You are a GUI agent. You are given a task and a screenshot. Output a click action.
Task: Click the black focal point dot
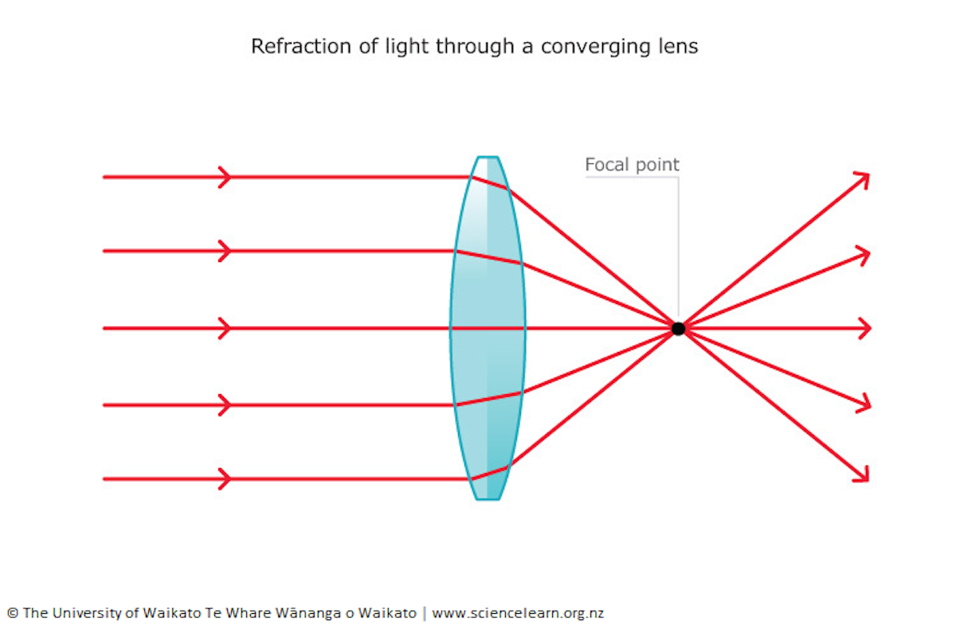coord(678,328)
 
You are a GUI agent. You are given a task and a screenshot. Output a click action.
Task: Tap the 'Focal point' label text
coord(632,165)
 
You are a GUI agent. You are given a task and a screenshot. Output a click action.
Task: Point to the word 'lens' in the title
coord(677,46)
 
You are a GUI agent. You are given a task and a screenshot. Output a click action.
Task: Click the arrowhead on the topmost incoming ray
coord(225,177)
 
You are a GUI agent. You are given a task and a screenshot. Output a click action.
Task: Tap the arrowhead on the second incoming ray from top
coord(225,252)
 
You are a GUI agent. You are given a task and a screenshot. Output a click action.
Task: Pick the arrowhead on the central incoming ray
coord(225,328)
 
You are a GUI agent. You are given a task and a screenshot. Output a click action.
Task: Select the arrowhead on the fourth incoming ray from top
coord(225,405)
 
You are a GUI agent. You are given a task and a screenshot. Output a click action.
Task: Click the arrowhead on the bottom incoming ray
coord(225,479)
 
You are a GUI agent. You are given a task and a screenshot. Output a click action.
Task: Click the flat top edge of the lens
coord(488,157)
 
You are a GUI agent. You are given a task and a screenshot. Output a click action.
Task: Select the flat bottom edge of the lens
coord(488,499)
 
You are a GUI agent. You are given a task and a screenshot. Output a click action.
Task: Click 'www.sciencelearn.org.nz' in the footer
coord(518,613)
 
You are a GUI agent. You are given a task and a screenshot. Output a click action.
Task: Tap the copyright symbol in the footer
coord(13,613)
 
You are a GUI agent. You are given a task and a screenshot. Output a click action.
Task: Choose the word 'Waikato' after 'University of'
coord(169,613)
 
